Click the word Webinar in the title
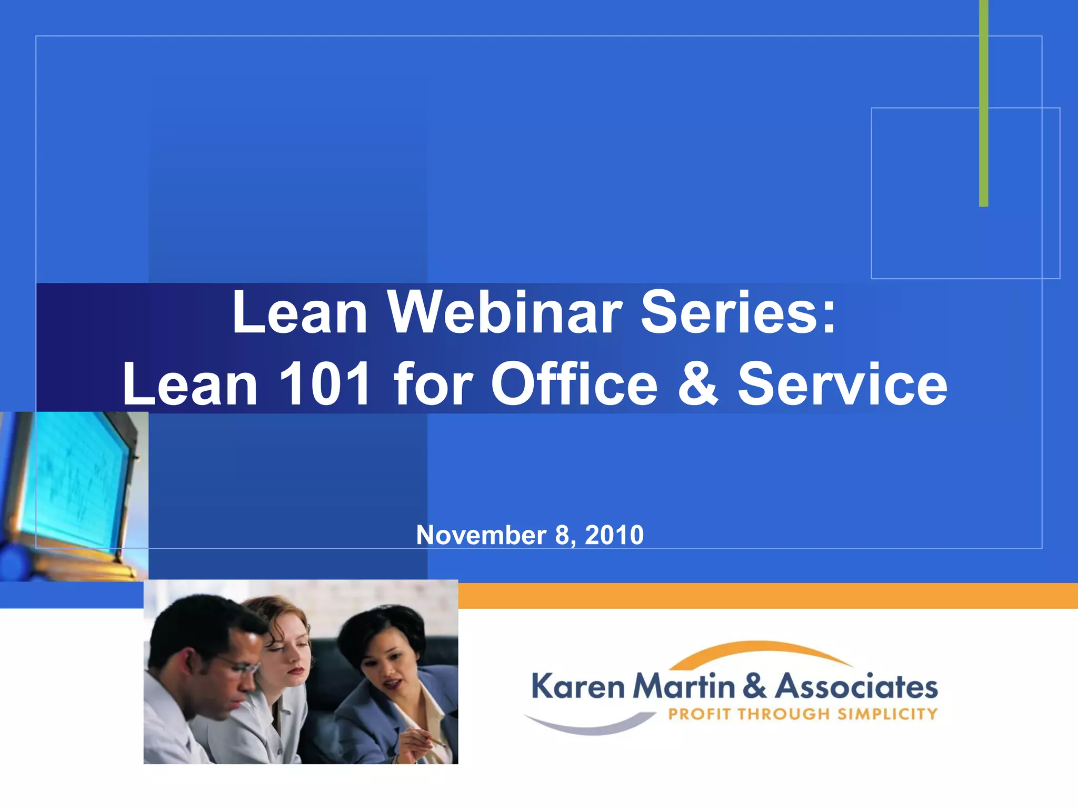(x=505, y=313)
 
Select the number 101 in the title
(x=325, y=384)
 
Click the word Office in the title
(x=574, y=384)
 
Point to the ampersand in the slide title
(x=697, y=384)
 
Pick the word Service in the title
(x=842, y=384)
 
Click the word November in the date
(x=481, y=535)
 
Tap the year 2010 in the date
(x=614, y=535)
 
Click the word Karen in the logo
(x=577, y=687)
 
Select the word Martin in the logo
(x=684, y=687)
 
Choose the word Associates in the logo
(x=856, y=687)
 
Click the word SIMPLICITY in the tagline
(x=887, y=714)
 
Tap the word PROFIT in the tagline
(x=700, y=714)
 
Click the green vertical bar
(x=983, y=105)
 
